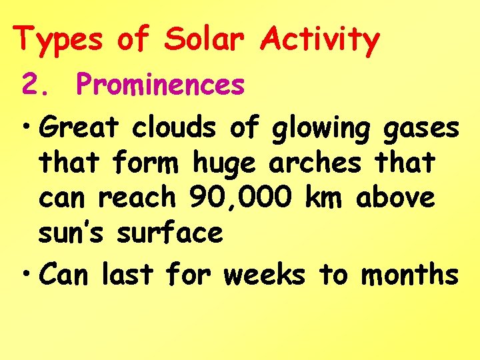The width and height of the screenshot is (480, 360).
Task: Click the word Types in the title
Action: (x=60, y=39)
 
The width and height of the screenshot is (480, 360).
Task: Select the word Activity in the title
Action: (x=319, y=39)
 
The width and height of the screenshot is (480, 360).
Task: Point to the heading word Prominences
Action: (x=161, y=85)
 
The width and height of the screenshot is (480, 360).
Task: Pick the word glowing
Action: (x=321, y=128)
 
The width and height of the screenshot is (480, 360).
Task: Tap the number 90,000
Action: (x=241, y=198)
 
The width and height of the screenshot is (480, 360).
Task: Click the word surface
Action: (x=169, y=233)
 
